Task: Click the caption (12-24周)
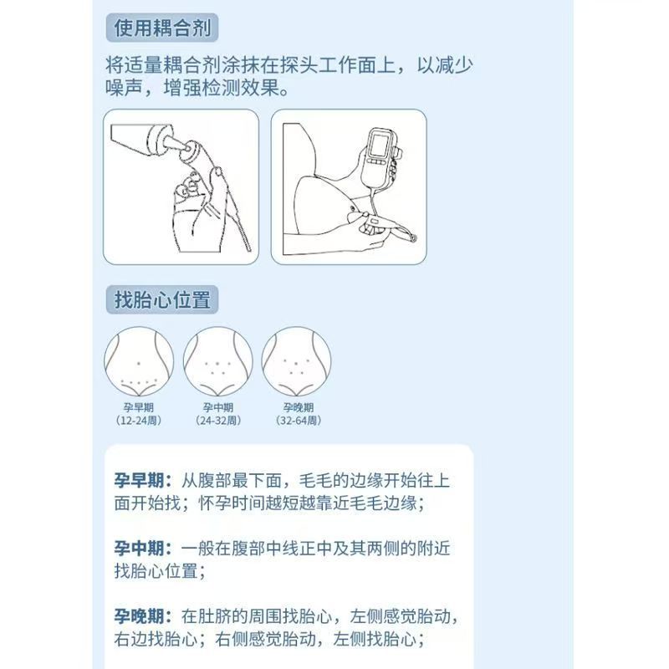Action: (139, 421)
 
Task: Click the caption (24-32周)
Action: (217, 421)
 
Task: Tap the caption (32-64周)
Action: (296, 421)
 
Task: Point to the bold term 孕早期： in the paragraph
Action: (144, 480)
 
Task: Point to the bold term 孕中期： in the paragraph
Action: (144, 549)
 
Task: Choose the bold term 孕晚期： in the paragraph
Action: (144, 617)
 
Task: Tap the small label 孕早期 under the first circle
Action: (139, 408)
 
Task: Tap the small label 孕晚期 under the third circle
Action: (296, 408)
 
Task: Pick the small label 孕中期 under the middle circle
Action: (217, 408)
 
